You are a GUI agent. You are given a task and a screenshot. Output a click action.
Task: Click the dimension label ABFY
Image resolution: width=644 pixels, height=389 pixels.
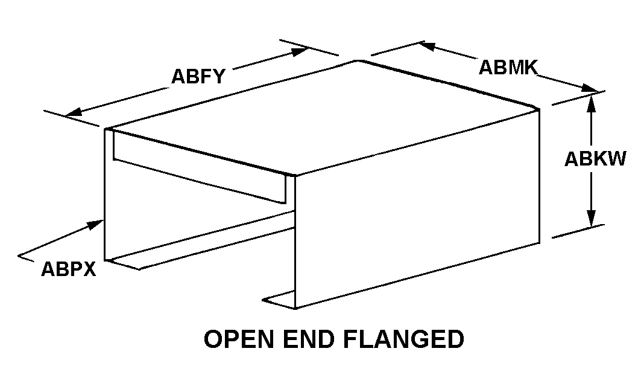point(198,77)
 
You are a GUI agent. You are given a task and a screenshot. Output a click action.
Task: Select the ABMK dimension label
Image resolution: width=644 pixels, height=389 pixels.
point(508,68)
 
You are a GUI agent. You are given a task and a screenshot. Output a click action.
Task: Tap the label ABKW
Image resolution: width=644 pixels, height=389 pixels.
point(595,159)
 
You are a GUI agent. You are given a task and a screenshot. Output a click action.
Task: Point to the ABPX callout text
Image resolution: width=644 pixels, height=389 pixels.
point(69,269)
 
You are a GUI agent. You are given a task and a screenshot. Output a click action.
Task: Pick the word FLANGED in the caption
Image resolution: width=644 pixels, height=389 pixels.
point(405,339)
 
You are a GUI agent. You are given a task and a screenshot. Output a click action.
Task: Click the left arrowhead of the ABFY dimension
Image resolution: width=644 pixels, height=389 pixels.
point(74,112)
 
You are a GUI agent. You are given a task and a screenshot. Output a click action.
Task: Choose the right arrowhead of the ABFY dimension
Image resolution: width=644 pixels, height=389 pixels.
point(300,51)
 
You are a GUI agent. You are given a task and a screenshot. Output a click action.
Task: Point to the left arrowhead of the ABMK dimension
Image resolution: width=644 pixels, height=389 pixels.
point(427,45)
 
